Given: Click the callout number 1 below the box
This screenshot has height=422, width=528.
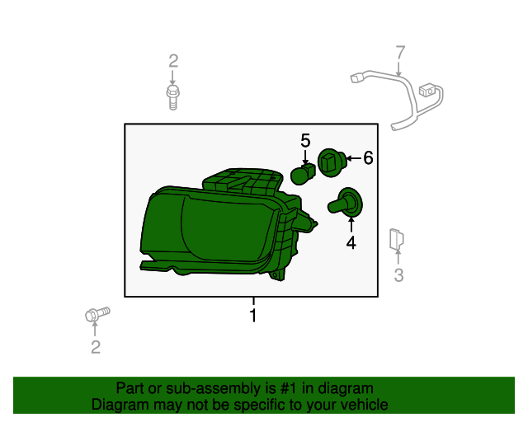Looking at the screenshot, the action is (x=253, y=316).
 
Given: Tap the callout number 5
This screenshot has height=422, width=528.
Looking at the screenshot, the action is (x=305, y=141).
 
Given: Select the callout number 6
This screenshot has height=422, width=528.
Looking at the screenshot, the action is (x=368, y=157).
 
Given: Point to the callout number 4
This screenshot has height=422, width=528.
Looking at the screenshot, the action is (x=351, y=242).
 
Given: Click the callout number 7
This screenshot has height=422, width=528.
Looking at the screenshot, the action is (x=400, y=53).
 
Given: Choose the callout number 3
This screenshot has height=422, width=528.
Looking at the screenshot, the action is (x=398, y=275).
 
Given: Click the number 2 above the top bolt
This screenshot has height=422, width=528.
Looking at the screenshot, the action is (x=173, y=61).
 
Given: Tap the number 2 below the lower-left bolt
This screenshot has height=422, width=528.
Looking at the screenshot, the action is (x=96, y=347).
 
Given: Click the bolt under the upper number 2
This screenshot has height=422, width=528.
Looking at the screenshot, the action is (x=172, y=97).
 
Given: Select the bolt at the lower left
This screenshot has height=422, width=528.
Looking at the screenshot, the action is (x=97, y=314).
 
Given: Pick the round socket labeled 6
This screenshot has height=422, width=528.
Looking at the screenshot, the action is (x=332, y=162).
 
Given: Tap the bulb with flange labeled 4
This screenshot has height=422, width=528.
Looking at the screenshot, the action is (x=346, y=202).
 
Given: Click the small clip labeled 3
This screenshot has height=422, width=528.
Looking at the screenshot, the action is (x=396, y=239).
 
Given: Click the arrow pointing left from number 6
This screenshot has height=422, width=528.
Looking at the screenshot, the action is (x=354, y=157).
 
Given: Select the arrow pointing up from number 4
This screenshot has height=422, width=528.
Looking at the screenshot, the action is (x=351, y=225).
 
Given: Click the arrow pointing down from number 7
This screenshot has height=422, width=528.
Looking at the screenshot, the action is (x=399, y=68).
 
